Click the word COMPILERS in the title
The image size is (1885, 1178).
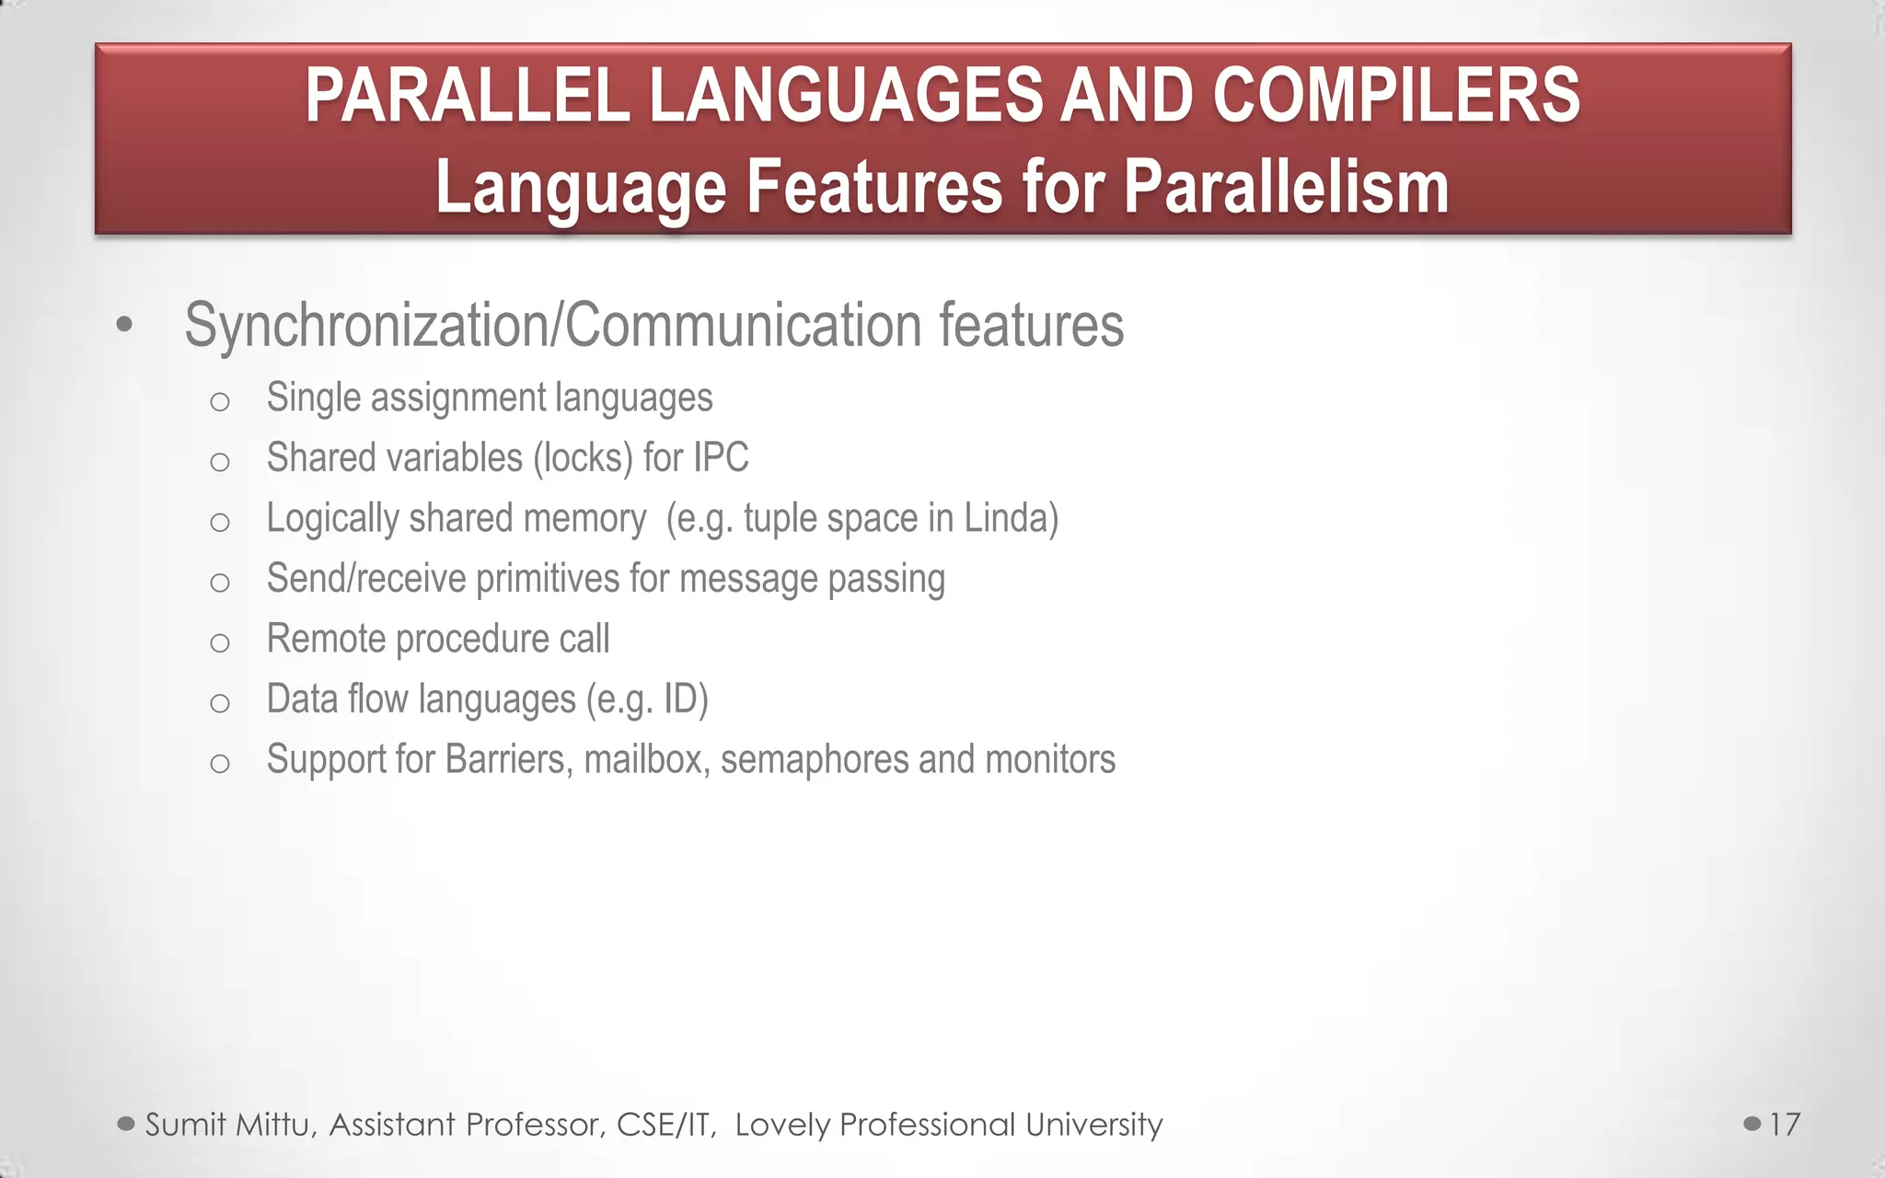[x=1395, y=96]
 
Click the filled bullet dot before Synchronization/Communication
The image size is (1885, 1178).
[x=125, y=325]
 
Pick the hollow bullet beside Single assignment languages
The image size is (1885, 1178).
[x=219, y=401]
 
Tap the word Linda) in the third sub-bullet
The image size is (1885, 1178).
[x=1011, y=518]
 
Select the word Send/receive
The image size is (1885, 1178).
[x=365, y=579]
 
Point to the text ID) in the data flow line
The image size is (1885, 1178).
[x=686, y=699]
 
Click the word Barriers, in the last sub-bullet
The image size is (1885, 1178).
[x=509, y=760]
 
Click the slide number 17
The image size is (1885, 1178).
[x=1785, y=1125]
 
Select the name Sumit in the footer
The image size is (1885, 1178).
[x=185, y=1125]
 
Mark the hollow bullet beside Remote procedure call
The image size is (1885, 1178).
[x=219, y=642]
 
